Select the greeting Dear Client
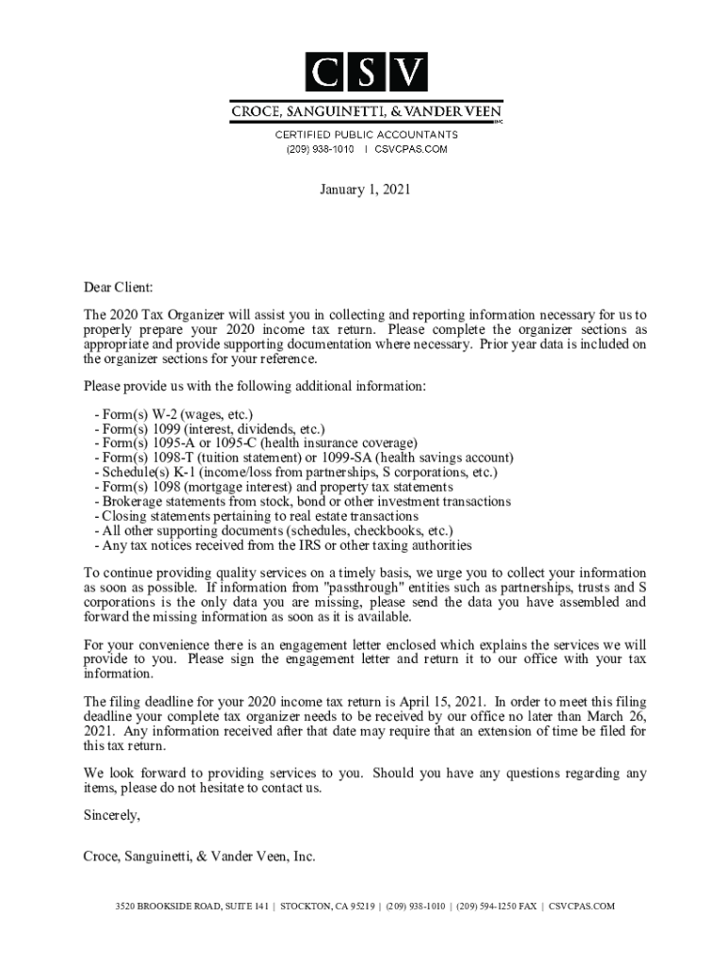[118, 287]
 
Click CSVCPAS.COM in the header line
[411, 149]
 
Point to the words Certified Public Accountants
[367, 135]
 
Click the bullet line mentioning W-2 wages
[173, 414]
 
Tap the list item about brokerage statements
[303, 502]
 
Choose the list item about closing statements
[256, 516]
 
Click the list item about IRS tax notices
[284, 545]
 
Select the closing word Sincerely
[112, 816]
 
